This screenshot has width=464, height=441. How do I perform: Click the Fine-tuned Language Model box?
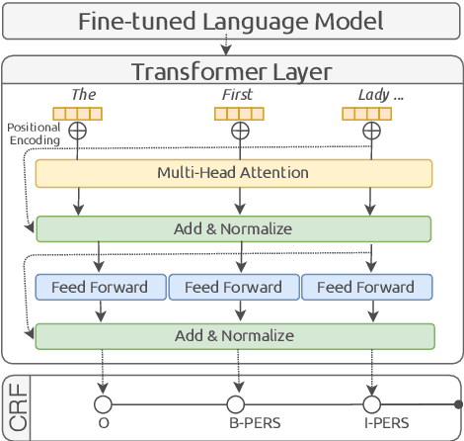232,20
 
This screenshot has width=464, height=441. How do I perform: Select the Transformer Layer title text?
232,72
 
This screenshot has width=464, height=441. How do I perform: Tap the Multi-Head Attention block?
234,173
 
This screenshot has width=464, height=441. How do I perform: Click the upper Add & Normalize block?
234,229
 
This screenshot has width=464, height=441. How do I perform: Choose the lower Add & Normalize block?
234,336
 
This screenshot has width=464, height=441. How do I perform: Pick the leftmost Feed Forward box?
99,287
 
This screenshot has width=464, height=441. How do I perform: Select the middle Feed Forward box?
234,287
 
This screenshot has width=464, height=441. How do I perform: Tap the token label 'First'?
238,94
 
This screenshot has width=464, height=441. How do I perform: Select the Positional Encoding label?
33,133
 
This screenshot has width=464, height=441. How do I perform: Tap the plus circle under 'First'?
239,131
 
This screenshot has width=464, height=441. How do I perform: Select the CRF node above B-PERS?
236,404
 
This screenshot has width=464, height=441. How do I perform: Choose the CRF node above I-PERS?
371,404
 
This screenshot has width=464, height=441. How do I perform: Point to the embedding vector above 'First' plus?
238,113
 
